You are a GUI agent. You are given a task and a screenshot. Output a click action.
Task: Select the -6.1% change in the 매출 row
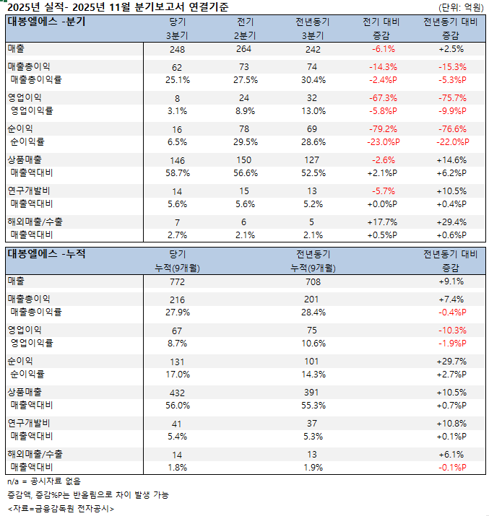383,49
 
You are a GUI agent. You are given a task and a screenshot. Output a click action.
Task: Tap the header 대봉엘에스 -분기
46,21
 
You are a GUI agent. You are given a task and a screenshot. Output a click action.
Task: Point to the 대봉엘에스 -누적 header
46,253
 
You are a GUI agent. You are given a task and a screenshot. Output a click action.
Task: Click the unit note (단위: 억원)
460,7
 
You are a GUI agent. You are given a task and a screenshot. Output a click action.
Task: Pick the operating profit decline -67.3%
383,97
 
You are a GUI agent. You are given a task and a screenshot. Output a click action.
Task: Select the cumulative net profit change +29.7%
451,360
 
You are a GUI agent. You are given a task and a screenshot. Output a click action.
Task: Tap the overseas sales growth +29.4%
451,222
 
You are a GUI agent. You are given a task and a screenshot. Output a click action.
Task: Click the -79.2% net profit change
383,128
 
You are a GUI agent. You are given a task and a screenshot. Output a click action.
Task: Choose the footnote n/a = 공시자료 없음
44,481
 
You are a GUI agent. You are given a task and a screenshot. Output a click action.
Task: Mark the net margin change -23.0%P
383,142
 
